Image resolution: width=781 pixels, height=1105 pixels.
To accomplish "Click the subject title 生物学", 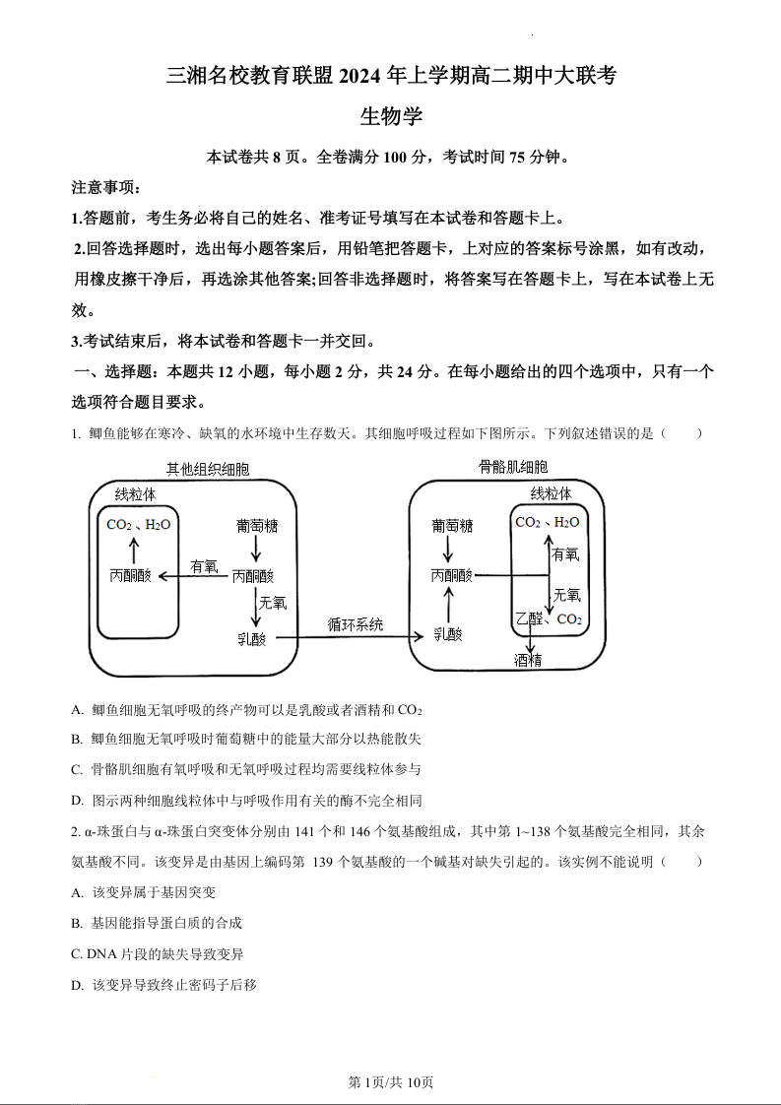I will point(391,116).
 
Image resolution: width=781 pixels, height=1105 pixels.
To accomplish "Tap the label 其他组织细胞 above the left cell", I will point(208,469).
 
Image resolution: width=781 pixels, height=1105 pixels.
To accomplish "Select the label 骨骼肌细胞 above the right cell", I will point(513,467).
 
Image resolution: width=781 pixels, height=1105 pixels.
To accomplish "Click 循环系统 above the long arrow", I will point(356,624).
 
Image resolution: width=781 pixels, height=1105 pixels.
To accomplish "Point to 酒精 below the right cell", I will point(528,660).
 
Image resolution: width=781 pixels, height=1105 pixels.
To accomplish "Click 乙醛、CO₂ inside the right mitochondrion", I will point(549,619).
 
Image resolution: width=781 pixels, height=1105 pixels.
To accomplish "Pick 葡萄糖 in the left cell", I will point(257,526).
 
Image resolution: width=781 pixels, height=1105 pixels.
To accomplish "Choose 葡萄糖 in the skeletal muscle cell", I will point(452,526).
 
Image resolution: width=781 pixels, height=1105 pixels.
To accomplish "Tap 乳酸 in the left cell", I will point(252,637).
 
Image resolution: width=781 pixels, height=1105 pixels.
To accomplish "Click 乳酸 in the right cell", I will point(447,635).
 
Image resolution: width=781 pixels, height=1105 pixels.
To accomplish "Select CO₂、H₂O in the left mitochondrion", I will point(139,525).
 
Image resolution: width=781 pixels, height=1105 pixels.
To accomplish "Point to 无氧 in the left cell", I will point(273,601).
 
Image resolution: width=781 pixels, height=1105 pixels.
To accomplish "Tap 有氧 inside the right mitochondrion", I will point(566,555).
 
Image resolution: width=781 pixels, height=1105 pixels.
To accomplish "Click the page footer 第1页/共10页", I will point(391,1082).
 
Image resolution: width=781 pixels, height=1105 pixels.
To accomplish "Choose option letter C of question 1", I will point(77,769).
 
